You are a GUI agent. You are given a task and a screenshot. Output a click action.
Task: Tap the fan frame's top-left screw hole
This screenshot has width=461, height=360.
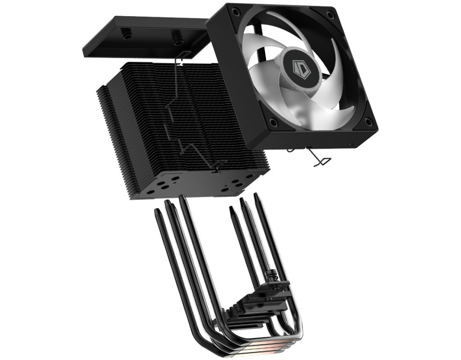[235, 13]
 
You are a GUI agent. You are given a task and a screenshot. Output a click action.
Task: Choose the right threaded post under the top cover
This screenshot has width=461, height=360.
[177, 42]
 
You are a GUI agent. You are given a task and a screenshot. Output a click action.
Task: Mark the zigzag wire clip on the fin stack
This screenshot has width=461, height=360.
[188, 112]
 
